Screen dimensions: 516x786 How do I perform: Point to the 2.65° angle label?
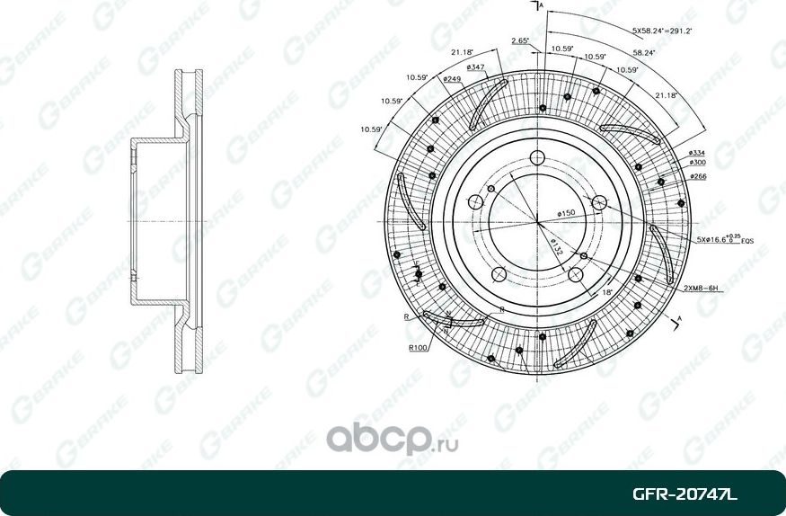[519, 40]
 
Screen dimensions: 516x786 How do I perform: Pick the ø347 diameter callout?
[476, 67]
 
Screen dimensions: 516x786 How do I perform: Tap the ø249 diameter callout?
[452, 79]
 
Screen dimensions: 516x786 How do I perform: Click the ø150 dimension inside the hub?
[566, 213]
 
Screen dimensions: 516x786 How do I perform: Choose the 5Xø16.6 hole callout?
[714, 241]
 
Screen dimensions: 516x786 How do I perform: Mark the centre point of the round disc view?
[537, 221]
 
